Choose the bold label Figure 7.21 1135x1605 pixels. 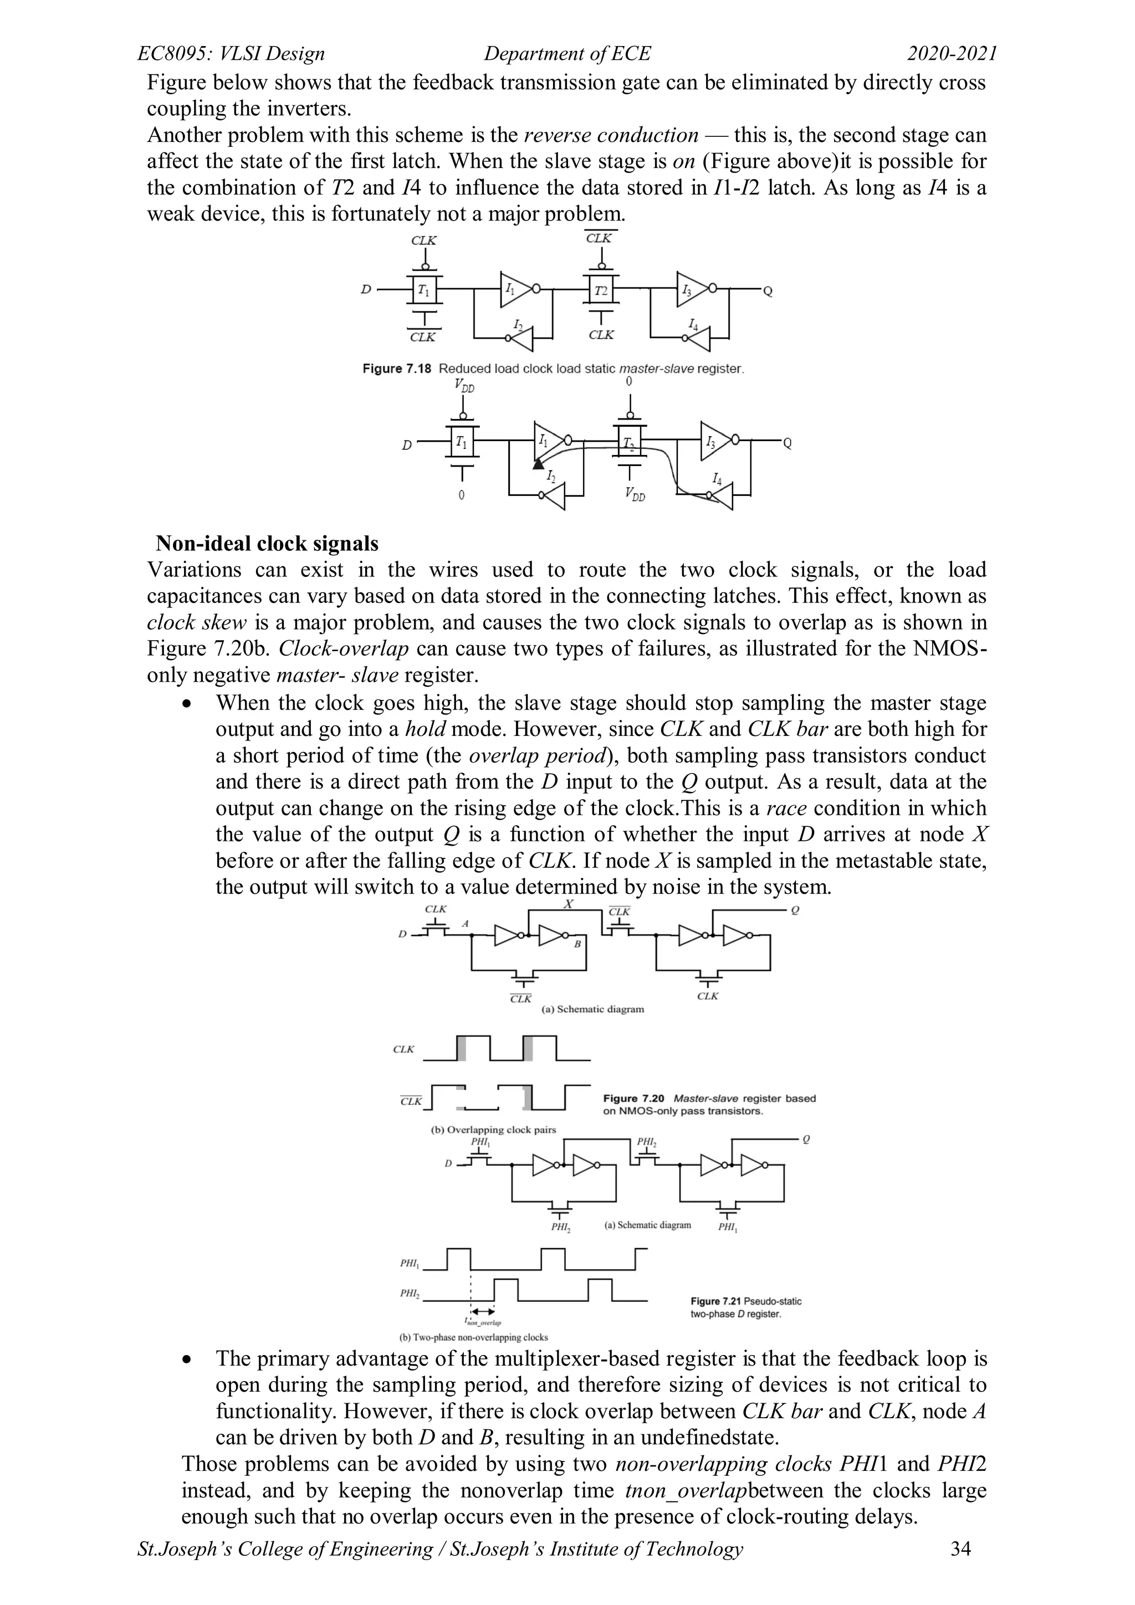pyautogui.click(x=715, y=1301)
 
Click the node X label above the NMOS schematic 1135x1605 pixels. pyautogui.click(x=568, y=904)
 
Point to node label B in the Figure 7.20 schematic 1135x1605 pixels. pyautogui.click(x=578, y=944)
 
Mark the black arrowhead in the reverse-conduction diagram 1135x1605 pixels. pyautogui.click(x=538, y=463)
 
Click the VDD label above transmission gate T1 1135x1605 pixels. pyautogui.click(x=463, y=385)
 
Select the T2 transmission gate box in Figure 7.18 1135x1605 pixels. pyautogui.click(x=600, y=289)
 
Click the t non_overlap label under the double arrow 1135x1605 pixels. pyautogui.click(x=482, y=1322)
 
